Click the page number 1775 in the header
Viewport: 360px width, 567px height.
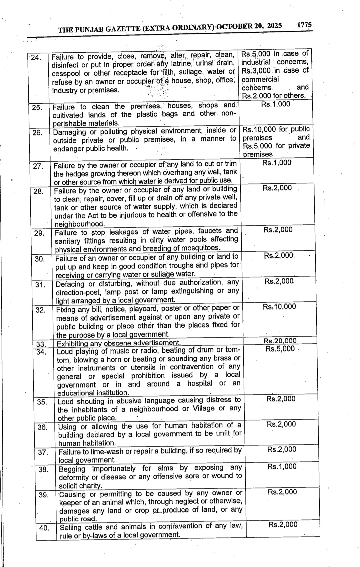click(x=304, y=25)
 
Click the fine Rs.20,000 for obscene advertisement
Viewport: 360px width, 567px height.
click(x=280, y=341)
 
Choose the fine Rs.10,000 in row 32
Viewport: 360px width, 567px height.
click(x=279, y=307)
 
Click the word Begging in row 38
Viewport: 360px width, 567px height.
click(x=72, y=469)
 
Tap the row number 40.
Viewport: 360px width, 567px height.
click(x=44, y=528)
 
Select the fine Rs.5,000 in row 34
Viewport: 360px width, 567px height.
click(x=280, y=349)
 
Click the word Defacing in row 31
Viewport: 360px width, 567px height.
click(x=70, y=284)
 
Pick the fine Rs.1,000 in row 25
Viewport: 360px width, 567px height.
click(x=276, y=104)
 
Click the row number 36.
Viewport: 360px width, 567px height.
click(x=43, y=427)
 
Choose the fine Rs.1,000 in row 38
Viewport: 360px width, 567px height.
click(x=282, y=466)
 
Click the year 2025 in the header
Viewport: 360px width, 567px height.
click(x=274, y=26)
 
